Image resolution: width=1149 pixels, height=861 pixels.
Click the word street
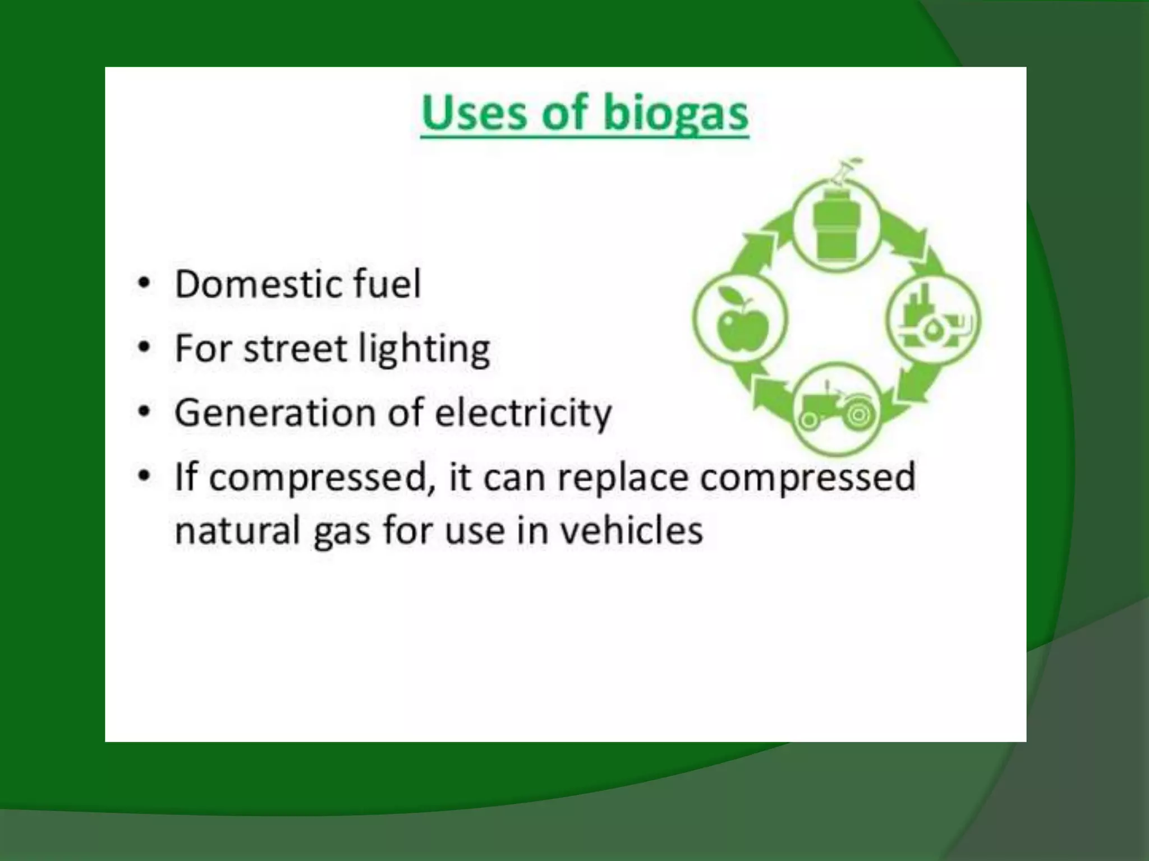coord(296,349)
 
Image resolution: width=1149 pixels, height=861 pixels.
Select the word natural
coord(238,531)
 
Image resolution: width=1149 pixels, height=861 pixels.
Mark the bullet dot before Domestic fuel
coord(144,284)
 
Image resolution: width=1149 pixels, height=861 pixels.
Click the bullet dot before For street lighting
coord(144,348)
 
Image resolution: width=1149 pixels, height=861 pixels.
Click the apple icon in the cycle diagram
coord(741,322)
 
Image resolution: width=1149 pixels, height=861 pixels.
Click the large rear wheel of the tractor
coord(859,414)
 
